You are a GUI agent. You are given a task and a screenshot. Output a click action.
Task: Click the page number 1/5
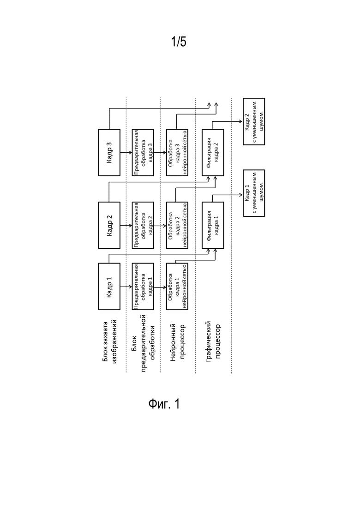click(x=179, y=42)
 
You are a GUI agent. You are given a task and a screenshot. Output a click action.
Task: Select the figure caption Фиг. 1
click(x=164, y=404)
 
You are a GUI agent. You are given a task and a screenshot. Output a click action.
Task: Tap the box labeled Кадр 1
click(x=109, y=286)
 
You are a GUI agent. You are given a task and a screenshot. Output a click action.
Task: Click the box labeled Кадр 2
click(x=109, y=225)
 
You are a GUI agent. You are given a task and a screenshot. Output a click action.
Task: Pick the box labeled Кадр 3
click(x=109, y=153)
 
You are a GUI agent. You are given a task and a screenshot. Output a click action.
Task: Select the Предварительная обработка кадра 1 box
click(x=143, y=286)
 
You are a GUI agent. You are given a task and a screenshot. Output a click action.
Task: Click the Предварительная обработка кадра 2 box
click(x=143, y=225)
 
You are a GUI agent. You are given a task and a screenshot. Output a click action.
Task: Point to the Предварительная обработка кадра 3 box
click(x=143, y=153)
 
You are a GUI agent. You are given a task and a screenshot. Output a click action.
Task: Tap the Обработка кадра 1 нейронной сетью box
click(x=177, y=286)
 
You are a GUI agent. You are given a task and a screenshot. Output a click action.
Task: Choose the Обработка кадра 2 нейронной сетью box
click(x=177, y=225)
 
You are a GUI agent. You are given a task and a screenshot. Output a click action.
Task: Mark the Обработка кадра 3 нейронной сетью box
click(x=177, y=153)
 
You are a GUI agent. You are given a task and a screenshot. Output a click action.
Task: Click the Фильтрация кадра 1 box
click(x=213, y=225)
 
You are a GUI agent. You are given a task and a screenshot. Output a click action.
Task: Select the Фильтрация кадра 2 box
click(x=213, y=153)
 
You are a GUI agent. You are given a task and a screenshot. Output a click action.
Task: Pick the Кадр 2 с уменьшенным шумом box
click(x=254, y=121)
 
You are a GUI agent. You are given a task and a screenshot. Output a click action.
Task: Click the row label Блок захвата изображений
click(x=109, y=341)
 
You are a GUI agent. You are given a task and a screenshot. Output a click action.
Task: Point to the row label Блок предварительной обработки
click(x=143, y=343)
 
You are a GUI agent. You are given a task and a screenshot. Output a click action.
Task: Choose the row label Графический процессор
click(x=213, y=341)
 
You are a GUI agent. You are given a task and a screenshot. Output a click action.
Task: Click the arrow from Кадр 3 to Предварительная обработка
click(x=126, y=153)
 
